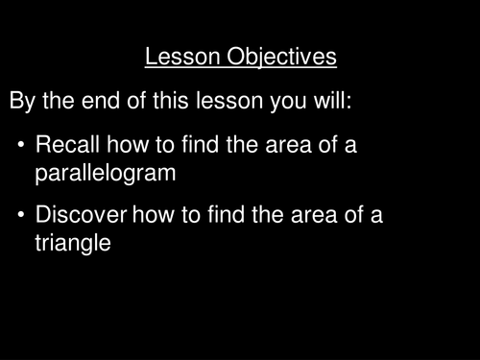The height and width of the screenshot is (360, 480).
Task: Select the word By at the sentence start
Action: coord(23,101)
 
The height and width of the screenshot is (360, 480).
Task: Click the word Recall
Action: coord(67,146)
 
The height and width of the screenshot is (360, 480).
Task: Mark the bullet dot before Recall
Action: coord(21,147)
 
